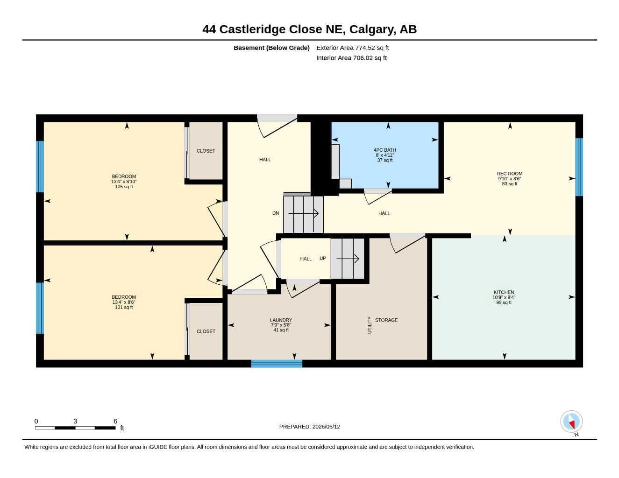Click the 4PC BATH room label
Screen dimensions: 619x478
[x=384, y=150]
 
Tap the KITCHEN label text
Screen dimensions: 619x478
[x=504, y=292]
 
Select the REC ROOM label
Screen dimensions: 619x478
[x=509, y=174]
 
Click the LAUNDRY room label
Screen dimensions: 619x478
[x=281, y=320]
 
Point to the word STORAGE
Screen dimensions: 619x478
[x=386, y=320]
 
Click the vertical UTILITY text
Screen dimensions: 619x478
[x=370, y=325]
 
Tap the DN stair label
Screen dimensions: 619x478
[x=276, y=213]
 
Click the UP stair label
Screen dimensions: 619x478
[x=322, y=258]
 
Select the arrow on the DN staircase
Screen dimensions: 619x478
[x=303, y=213]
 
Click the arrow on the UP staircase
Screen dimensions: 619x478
[x=348, y=259]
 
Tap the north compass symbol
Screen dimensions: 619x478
[x=571, y=422]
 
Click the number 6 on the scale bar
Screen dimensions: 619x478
[x=115, y=421]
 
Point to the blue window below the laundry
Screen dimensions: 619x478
[x=276, y=364]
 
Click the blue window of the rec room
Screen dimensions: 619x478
[x=579, y=167]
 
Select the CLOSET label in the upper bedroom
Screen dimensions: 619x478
[x=206, y=151]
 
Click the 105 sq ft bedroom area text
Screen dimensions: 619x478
[x=124, y=187]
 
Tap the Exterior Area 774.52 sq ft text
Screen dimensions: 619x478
[x=352, y=48]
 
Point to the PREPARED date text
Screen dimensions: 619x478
[x=309, y=427]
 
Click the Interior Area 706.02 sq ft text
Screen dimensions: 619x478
[x=351, y=58]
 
